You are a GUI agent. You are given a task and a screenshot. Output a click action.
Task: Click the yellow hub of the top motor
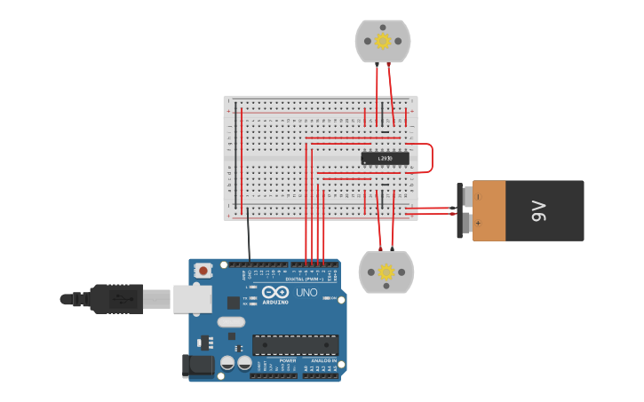383,41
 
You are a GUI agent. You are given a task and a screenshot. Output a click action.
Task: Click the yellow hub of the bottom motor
386,272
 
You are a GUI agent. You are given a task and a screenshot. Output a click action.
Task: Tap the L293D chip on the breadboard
386,159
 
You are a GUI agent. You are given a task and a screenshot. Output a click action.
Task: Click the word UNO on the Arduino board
306,292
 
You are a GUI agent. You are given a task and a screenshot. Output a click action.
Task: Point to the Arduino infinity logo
275,292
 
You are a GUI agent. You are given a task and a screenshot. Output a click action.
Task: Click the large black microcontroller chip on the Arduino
295,344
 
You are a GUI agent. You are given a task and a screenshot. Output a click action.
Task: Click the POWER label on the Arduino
287,360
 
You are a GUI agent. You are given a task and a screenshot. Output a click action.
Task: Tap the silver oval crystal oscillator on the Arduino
230,323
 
